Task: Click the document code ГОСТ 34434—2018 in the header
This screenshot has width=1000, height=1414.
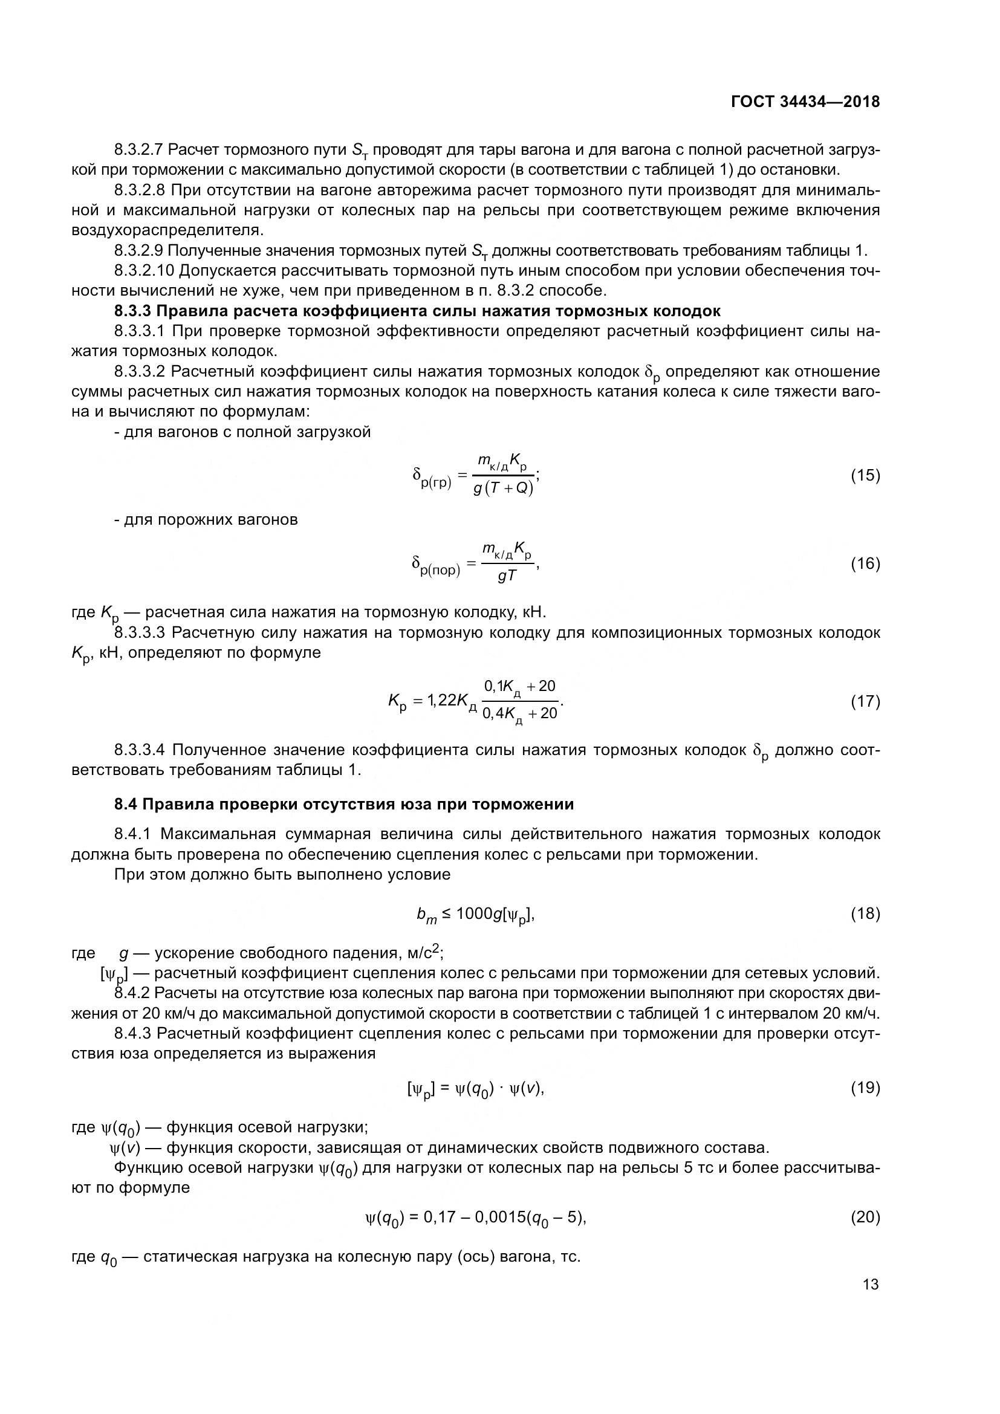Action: point(805,102)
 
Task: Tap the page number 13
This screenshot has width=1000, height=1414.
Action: point(871,1285)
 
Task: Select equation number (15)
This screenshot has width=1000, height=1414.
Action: point(865,475)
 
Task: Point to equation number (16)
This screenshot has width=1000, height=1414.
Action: point(865,563)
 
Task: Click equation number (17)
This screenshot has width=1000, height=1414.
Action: point(865,701)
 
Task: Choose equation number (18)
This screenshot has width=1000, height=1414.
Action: point(865,914)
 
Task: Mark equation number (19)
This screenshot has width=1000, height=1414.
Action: point(865,1088)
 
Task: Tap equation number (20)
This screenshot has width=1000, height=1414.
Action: point(865,1217)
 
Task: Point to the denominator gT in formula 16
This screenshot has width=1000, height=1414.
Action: point(507,577)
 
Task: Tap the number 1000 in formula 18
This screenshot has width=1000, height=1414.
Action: point(476,914)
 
